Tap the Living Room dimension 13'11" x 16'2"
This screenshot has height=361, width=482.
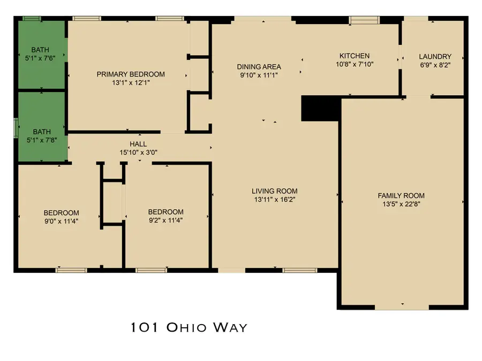pyautogui.click(x=274, y=199)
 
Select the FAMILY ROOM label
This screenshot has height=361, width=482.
pyautogui.click(x=401, y=196)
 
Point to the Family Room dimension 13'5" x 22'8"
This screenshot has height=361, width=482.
pyautogui.click(x=401, y=204)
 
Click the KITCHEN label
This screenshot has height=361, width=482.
pyautogui.click(x=355, y=56)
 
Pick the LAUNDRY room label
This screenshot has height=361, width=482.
pyautogui.click(x=435, y=56)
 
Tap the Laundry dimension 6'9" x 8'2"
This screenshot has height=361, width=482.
pyautogui.click(x=435, y=64)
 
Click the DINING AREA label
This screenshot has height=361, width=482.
pyautogui.click(x=259, y=67)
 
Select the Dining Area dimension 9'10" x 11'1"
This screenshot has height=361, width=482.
pyautogui.click(x=259, y=75)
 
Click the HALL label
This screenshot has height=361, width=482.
pyautogui.click(x=138, y=144)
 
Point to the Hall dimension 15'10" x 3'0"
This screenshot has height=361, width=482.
pyautogui.click(x=138, y=152)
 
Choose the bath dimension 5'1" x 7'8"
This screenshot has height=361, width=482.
pyautogui.click(x=40, y=140)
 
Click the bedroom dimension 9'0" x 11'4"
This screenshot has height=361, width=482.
pyautogui.click(x=61, y=220)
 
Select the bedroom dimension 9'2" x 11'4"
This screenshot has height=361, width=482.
pyautogui.click(x=165, y=220)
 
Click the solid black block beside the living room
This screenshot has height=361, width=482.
pyautogui.click(x=320, y=109)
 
